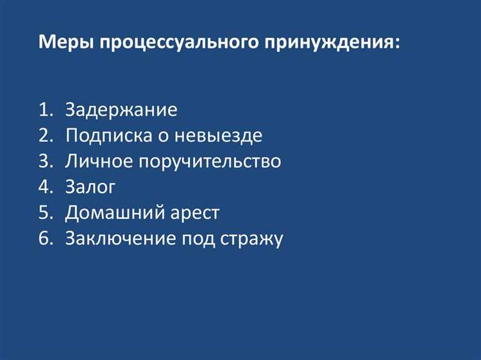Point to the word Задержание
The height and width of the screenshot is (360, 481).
click(x=121, y=110)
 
